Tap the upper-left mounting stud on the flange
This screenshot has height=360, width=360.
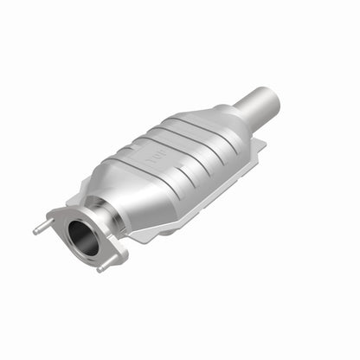pyautogui.click(x=40, y=228)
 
